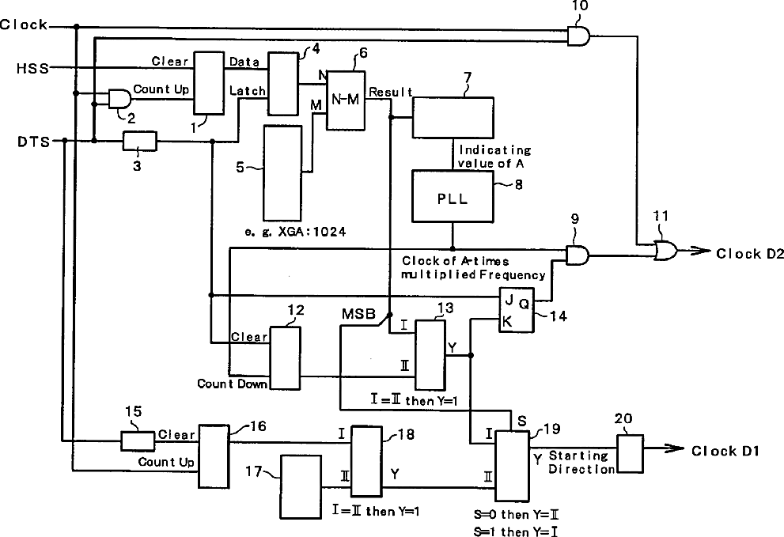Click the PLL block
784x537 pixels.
pyautogui.click(x=453, y=196)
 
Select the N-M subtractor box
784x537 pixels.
pyautogui.click(x=346, y=100)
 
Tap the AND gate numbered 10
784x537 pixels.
pyautogui.click(x=578, y=36)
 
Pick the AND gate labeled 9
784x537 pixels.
pyautogui.click(x=578, y=255)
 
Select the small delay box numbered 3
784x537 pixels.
pyautogui.click(x=139, y=141)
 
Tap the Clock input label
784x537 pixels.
pyautogui.click(x=24, y=25)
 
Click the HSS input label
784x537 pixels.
pyautogui.click(x=33, y=68)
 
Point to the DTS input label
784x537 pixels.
pyautogui.click(x=34, y=142)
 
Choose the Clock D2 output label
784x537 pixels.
pyautogui.click(x=749, y=254)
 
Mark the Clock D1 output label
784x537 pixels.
pyautogui.click(x=725, y=451)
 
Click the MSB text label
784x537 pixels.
pyautogui.click(x=358, y=314)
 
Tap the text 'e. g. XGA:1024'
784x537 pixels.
pyautogui.click(x=295, y=232)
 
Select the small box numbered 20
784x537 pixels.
pyautogui.click(x=630, y=454)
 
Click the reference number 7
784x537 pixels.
pyautogui.click(x=467, y=78)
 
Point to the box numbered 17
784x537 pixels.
pyautogui.click(x=300, y=486)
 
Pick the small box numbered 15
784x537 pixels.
pyautogui.click(x=138, y=441)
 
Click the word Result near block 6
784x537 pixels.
pyautogui.click(x=391, y=92)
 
